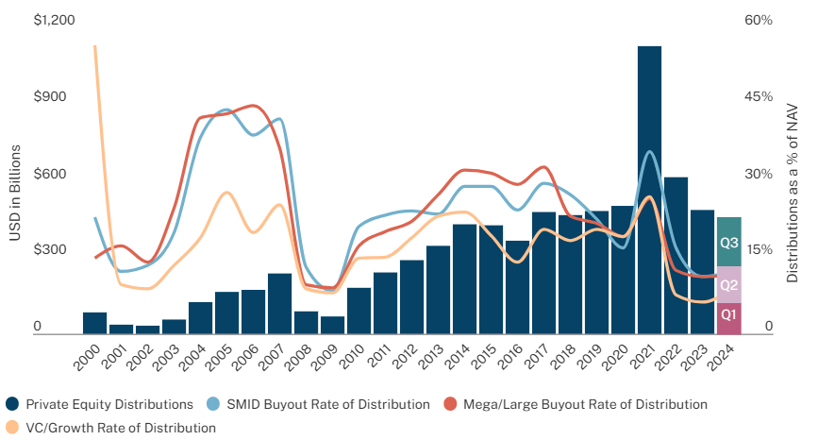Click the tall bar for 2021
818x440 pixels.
pos(649,189)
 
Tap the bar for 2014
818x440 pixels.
pos(464,279)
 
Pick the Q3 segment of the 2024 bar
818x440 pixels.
pos(728,242)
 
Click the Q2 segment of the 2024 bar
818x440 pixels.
pos(728,285)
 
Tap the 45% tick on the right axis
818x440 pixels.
pos(760,97)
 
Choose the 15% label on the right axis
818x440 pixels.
pos(760,250)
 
